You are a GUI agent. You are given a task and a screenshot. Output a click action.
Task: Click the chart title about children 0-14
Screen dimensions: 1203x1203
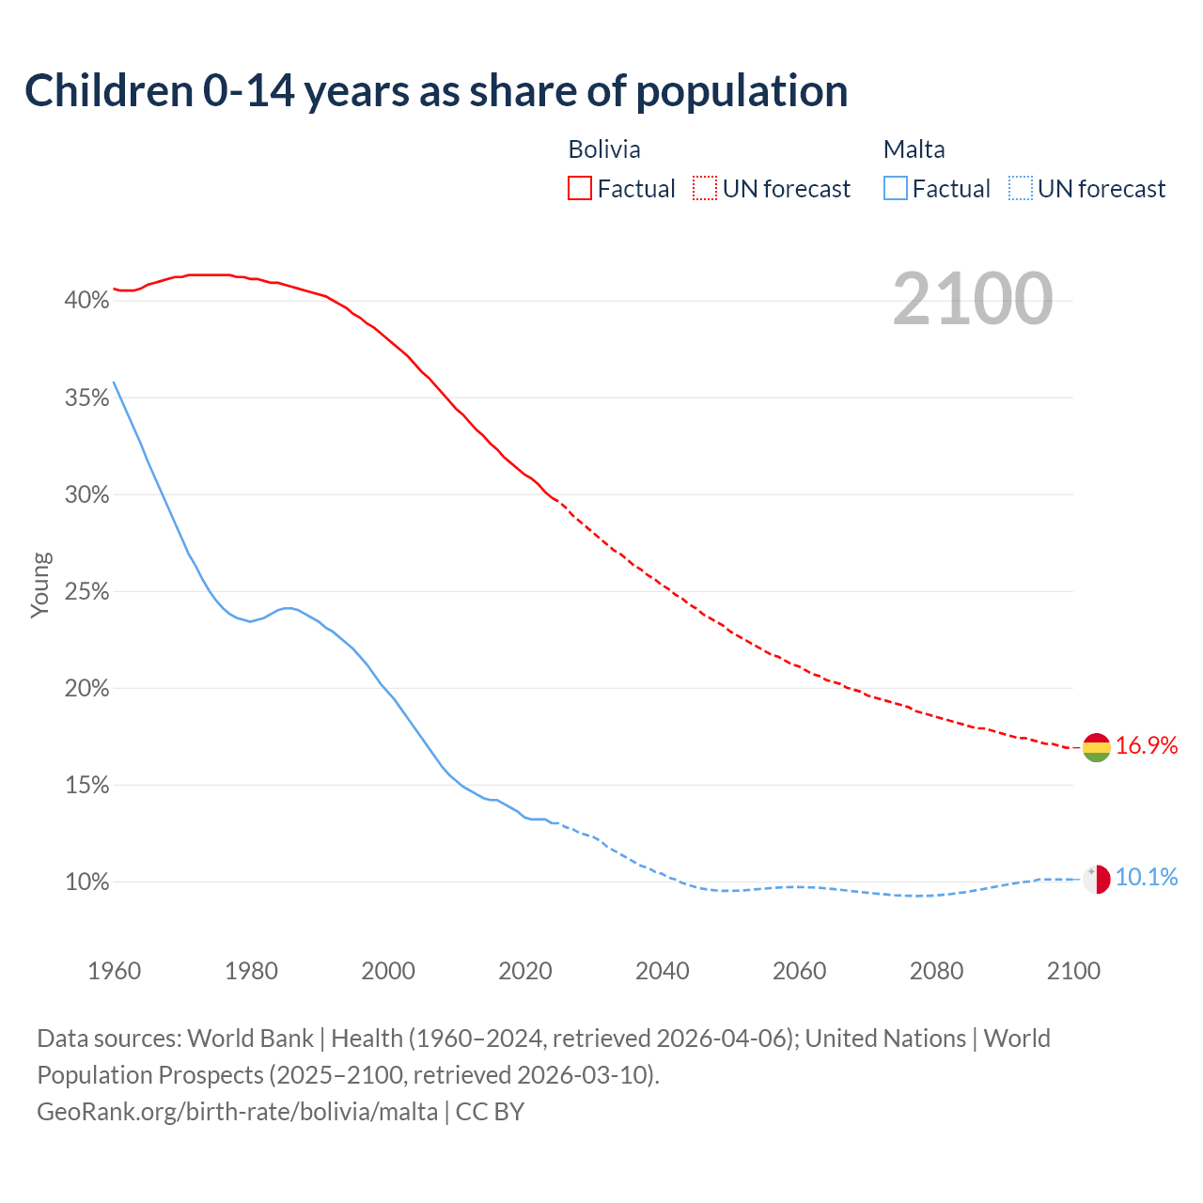click(436, 91)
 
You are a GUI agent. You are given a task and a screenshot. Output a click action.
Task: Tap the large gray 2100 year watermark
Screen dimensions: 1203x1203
click(972, 299)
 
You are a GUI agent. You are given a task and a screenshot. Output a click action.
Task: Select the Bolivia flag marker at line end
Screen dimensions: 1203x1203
click(1096, 747)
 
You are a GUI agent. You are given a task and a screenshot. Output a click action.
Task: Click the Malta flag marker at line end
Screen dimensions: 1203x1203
click(1096, 879)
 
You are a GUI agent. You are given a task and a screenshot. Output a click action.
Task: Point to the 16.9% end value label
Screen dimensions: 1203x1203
click(1147, 746)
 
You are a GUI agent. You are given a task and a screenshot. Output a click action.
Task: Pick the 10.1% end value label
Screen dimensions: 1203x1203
click(1147, 878)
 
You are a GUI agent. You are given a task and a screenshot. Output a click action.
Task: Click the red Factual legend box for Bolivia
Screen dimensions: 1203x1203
click(580, 189)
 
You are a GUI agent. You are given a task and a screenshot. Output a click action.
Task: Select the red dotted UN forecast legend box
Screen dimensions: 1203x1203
click(705, 189)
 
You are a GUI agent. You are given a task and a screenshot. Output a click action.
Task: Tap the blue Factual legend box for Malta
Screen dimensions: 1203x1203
click(895, 189)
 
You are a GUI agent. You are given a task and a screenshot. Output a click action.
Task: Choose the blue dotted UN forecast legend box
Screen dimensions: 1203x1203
click(1020, 189)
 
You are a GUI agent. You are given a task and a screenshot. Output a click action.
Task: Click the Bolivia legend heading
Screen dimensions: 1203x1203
click(604, 149)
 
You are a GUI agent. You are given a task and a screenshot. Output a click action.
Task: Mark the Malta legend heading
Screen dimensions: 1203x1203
click(914, 149)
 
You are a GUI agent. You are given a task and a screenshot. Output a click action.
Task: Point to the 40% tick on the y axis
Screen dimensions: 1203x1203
click(86, 301)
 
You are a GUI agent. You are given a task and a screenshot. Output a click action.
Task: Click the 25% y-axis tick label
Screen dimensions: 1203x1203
click(86, 592)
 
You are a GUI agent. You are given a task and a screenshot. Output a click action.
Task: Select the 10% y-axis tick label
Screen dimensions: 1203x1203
click(86, 883)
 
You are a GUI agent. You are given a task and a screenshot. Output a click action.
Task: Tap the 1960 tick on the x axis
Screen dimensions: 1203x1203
click(114, 971)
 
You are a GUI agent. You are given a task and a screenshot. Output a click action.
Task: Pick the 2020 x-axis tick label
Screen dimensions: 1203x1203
click(525, 971)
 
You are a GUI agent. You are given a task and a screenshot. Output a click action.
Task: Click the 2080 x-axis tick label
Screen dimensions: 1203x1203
click(936, 971)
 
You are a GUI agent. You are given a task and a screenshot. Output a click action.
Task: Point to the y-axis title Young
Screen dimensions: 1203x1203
click(40, 585)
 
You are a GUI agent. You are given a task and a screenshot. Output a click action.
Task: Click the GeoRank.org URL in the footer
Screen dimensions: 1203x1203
click(237, 1112)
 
